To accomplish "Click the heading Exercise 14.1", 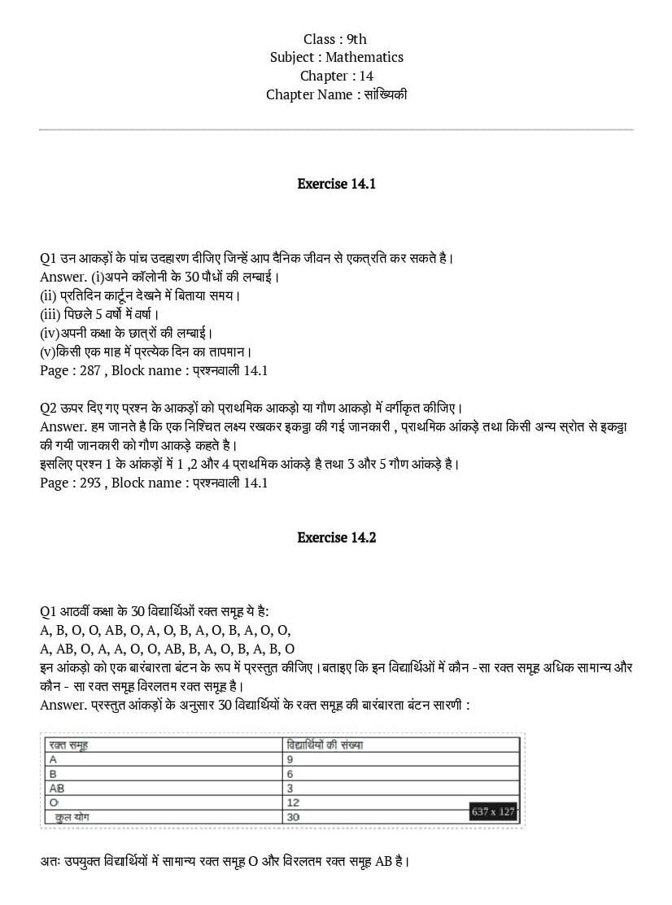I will [x=336, y=184].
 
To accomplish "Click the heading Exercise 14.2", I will [x=336, y=538].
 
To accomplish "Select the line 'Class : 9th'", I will [x=335, y=39].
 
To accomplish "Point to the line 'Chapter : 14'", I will [x=336, y=76].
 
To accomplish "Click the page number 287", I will [x=90, y=370].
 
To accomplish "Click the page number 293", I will [x=90, y=483].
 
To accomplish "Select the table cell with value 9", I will [x=290, y=759].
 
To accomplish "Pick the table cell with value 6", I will [x=290, y=774].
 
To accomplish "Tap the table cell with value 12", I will [x=293, y=803].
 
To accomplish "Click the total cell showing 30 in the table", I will [x=293, y=817].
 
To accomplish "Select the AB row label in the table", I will [x=57, y=789].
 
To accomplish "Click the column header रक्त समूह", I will [x=68, y=745].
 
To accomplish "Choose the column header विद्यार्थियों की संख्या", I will [x=325, y=745].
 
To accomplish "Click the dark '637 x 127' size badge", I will [x=493, y=811].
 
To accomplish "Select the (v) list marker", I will [x=48, y=352].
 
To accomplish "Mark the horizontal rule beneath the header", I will [x=336, y=129].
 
